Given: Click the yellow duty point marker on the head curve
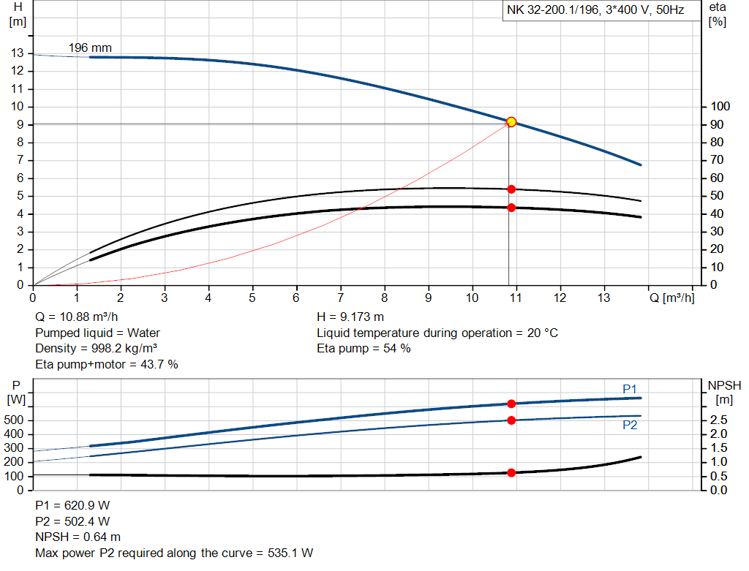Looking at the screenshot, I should (511, 122).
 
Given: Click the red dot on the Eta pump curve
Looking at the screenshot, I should (511, 189).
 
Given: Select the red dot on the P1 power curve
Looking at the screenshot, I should (511, 404).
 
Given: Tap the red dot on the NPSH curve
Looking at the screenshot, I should (511, 472).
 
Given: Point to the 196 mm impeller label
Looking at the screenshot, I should (90, 48).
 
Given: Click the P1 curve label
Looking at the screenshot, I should (630, 389).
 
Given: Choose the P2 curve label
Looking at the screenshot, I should (630, 425).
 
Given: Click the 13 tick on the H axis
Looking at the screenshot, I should (17, 53).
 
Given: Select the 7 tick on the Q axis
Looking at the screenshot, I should (340, 298).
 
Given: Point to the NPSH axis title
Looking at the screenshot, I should (724, 385).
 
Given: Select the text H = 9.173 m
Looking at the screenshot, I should (350, 317).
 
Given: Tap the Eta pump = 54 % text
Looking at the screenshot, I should (364, 348).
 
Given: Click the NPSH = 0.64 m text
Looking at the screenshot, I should (78, 537).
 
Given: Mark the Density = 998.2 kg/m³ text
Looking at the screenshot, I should (97, 348).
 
